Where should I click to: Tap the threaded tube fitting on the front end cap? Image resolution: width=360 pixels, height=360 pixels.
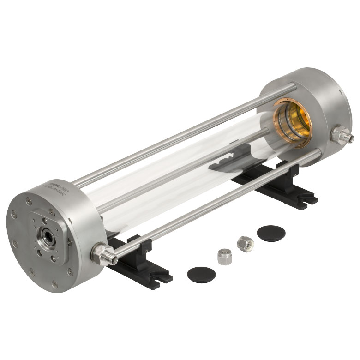[x=102, y=253]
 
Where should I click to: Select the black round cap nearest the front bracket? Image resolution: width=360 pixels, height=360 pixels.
[x=201, y=274]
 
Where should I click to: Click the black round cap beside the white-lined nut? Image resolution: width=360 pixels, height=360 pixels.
[x=271, y=233]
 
